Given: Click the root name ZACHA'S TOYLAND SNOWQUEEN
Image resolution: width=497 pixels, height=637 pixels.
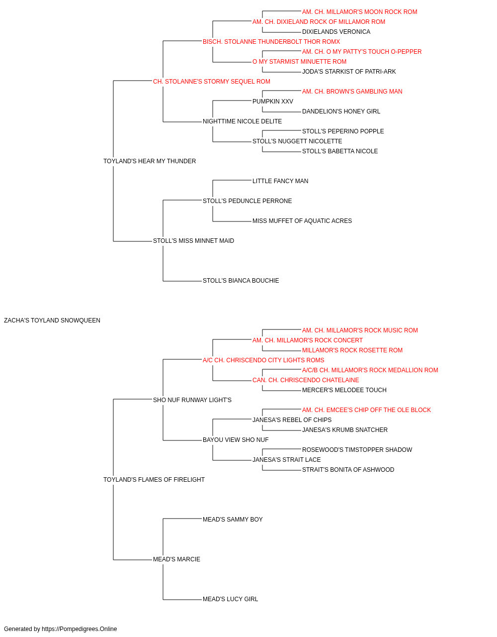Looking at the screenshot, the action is click(52, 320).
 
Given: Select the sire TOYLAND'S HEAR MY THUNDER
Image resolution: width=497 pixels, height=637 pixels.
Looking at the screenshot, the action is click(150, 161).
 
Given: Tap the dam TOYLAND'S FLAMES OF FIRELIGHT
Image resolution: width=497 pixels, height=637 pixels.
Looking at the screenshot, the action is click(154, 480).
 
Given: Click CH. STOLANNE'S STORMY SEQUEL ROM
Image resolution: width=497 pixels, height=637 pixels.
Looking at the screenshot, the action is click(212, 82).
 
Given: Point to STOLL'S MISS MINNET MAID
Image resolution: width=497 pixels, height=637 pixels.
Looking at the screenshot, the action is click(193, 241).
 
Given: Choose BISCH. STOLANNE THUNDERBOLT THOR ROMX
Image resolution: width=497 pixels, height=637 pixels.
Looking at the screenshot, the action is click(271, 42).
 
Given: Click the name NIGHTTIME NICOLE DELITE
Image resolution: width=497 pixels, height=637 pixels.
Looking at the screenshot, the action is click(243, 121).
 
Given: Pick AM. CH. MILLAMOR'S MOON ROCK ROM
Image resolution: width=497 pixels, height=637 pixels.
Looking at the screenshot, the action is click(360, 12).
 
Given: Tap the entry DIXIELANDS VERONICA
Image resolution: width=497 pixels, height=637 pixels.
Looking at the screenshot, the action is click(336, 32).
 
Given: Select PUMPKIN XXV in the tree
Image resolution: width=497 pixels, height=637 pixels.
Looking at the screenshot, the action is click(273, 102).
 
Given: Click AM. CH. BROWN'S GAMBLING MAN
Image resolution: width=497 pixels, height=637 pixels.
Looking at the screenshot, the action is click(352, 92).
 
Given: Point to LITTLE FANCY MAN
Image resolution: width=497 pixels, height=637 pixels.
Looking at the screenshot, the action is click(280, 181).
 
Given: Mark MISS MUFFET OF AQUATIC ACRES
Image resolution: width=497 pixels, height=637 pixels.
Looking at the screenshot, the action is click(302, 221).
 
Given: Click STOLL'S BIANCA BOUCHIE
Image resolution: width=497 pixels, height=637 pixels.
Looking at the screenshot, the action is click(241, 281).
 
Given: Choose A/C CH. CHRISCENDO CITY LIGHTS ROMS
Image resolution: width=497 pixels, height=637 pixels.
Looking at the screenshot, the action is click(263, 360).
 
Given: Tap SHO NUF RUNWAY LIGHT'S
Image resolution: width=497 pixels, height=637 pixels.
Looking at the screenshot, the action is click(192, 400).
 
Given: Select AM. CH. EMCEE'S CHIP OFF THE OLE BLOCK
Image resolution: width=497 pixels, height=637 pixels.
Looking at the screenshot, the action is click(366, 410).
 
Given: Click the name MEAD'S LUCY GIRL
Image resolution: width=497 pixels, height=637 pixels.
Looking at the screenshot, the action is click(230, 599).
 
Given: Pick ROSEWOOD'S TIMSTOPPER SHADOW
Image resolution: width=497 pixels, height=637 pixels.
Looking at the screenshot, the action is click(357, 450).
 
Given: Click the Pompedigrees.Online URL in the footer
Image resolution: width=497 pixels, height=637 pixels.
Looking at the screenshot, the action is click(80, 629).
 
